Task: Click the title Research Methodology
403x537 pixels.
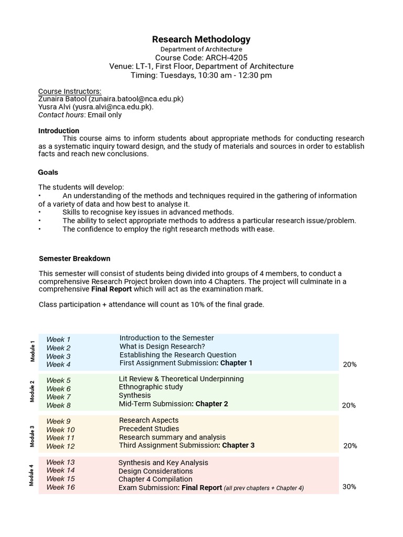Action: pyautogui.click(x=201, y=39)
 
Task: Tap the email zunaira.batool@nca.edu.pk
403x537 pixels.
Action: pyautogui.click(x=136, y=99)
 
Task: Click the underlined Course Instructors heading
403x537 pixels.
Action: pyautogui.click(x=70, y=91)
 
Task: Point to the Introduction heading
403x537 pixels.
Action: pyautogui.click(x=59, y=131)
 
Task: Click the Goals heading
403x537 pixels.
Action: pyautogui.click(x=48, y=172)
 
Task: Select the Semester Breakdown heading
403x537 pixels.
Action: pyautogui.click(x=75, y=259)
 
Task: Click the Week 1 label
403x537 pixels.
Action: pyautogui.click(x=58, y=339)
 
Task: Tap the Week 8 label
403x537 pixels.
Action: pyautogui.click(x=58, y=405)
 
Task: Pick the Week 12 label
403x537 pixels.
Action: pyautogui.click(x=60, y=446)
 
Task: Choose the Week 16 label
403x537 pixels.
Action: pyautogui.click(x=60, y=487)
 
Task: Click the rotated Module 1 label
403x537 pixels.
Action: pyautogui.click(x=32, y=351)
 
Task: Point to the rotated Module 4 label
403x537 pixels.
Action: pyautogui.click(x=32, y=475)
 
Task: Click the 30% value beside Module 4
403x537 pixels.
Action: pyautogui.click(x=349, y=487)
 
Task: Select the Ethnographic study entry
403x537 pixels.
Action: pyautogui.click(x=151, y=387)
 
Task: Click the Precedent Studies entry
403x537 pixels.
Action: pyautogui.click(x=149, y=428)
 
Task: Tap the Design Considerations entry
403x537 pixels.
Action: pyautogui.click(x=155, y=471)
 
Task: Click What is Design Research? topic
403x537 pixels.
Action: pyautogui.click(x=162, y=347)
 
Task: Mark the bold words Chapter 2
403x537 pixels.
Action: pyautogui.click(x=211, y=404)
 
